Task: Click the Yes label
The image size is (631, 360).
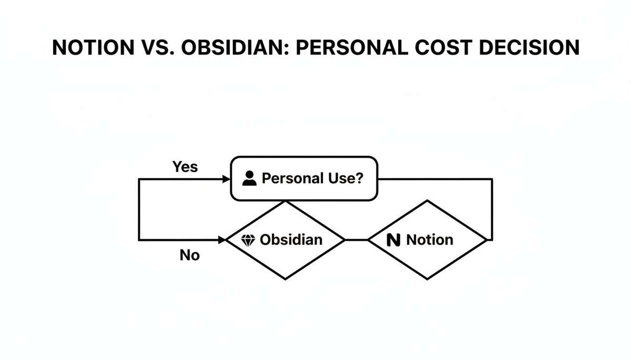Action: pyautogui.click(x=185, y=167)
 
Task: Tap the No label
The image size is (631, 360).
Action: pyautogui.click(x=190, y=256)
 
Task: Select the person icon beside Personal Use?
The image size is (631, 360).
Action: pyautogui.click(x=249, y=179)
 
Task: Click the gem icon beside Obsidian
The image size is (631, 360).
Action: pyautogui.click(x=248, y=240)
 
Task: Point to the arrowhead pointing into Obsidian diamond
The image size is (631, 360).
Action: pyautogui.click(x=222, y=240)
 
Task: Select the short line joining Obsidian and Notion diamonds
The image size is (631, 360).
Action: pyautogui.click(x=356, y=240)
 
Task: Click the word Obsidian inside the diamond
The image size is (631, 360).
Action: pyautogui.click(x=291, y=240)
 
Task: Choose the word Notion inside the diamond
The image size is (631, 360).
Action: pyautogui.click(x=430, y=240)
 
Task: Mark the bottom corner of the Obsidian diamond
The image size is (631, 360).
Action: pyautogui.click(x=286, y=279)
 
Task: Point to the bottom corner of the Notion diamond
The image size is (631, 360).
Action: pyautogui.click(x=428, y=279)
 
